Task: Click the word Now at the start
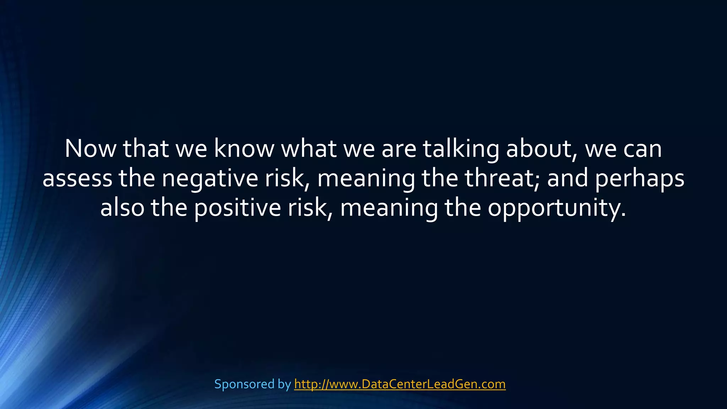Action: pyautogui.click(x=91, y=149)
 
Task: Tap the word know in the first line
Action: pyautogui.click(x=244, y=149)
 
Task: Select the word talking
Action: pyautogui.click(x=461, y=149)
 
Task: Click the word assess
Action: pyautogui.click(x=77, y=178)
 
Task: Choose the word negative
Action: pyautogui.click(x=210, y=178)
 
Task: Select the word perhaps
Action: pyautogui.click(x=639, y=178)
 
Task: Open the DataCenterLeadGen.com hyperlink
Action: pyautogui.click(x=400, y=384)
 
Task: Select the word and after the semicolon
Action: pyautogui.click(x=567, y=178)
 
